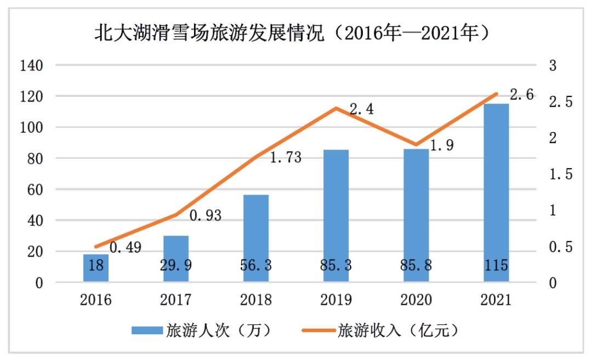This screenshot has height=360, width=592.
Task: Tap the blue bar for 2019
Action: (336, 216)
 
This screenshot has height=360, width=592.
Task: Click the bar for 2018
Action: (256, 238)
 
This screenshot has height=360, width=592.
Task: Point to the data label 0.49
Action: (126, 248)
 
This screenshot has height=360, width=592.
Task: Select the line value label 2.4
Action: (362, 110)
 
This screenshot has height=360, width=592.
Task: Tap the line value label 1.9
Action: (441, 147)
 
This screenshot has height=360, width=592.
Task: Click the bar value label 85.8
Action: (415, 266)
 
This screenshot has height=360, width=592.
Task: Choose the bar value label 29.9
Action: (176, 266)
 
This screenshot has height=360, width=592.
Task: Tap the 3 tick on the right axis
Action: (553, 66)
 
